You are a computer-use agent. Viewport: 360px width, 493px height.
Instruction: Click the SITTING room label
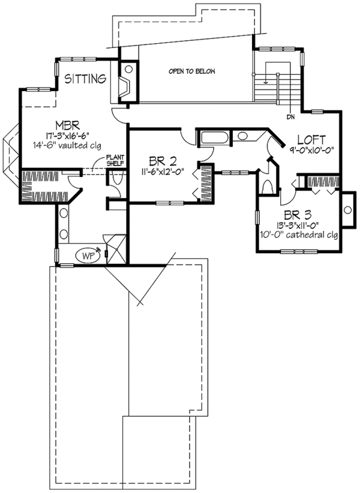(86, 79)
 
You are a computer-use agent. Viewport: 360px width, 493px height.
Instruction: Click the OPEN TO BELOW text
(192, 71)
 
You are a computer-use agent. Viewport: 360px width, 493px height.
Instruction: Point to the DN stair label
(290, 117)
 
